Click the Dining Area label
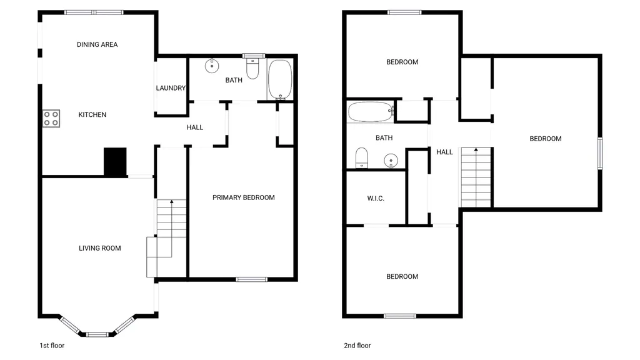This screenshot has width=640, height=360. click(97, 44)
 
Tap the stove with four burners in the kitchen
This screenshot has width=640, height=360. click(51, 118)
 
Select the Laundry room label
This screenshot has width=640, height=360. click(171, 87)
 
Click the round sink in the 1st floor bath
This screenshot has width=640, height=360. click(212, 65)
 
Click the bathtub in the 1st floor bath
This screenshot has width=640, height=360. click(280, 79)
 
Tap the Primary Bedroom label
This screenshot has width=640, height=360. click(244, 197)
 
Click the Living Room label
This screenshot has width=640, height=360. click(100, 248)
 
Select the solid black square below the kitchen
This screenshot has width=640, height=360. click(115, 162)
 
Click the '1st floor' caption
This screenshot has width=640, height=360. click(52, 346)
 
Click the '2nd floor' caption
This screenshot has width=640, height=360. click(357, 346)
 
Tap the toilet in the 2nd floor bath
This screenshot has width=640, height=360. click(362, 158)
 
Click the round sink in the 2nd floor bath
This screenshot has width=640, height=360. click(391, 161)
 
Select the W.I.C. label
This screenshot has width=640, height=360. click(376, 198)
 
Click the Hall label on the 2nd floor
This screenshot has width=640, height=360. click(444, 152)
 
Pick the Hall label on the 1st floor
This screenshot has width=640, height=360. click(195, 127)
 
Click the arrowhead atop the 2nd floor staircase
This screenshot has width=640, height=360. click(476, 150)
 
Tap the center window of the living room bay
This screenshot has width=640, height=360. click(97, 335)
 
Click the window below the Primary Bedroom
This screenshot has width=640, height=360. click(252, 279)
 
